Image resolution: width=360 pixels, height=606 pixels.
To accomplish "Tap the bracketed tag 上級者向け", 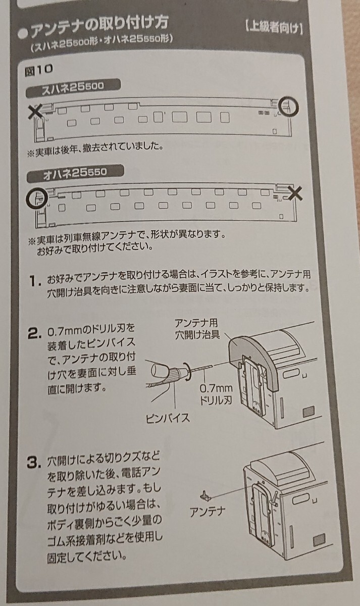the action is [274, 27].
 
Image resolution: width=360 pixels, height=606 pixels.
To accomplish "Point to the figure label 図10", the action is [38, 70].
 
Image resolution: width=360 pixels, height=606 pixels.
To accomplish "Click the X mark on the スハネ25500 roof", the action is [36, 112].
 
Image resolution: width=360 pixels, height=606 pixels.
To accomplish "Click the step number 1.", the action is [35, 281].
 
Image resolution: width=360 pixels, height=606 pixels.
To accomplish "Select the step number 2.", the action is [35, 333].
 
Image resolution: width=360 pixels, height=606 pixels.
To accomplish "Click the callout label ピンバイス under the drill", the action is [168, 418].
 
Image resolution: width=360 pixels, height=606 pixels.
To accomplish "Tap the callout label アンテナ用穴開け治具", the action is [197, 329].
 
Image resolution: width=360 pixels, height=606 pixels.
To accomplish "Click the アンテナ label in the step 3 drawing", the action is [207, 512].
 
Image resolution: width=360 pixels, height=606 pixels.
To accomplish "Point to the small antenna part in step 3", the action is [205, 495].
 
